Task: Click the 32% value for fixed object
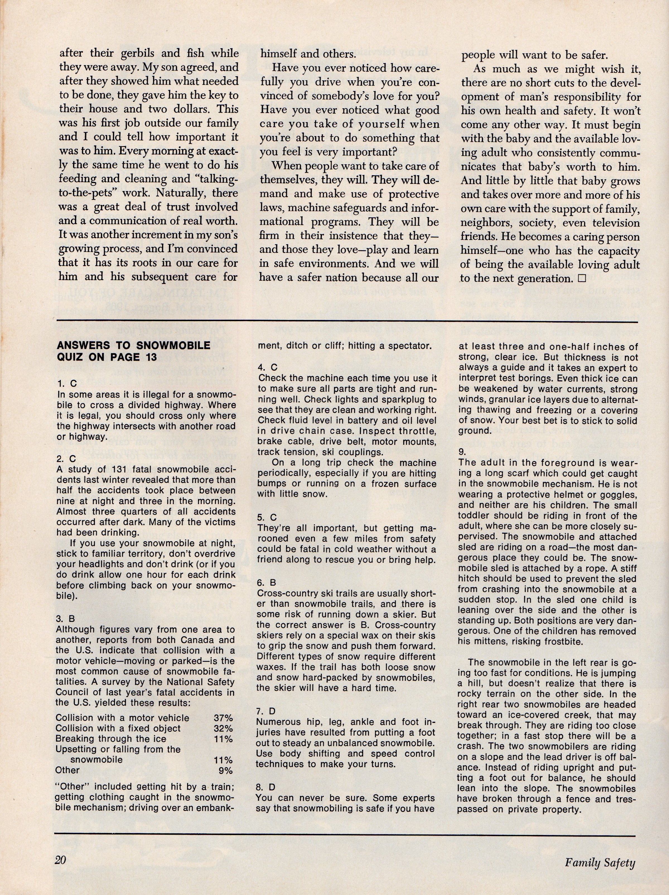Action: click(223, 728)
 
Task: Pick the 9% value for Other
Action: click(225, 770)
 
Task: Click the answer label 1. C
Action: click(67, 384)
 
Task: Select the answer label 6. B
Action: click(267, 583)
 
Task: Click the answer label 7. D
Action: click(267, 711)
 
